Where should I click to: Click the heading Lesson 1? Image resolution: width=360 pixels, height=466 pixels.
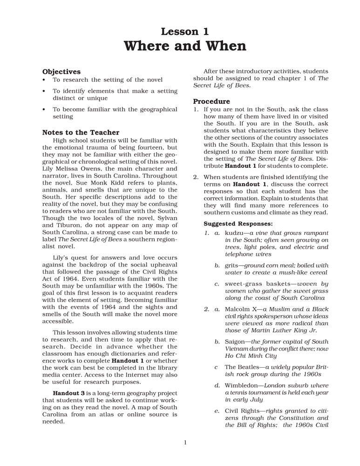coord(185,32)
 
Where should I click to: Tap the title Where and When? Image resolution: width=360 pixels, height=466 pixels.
coord(185,47)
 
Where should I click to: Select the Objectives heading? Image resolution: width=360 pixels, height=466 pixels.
coord(61,72)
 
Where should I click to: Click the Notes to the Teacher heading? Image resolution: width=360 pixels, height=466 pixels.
coord(81,132)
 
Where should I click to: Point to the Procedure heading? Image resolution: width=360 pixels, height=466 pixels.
coord(211,101)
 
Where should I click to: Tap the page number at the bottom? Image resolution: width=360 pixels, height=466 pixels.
coord(185,442)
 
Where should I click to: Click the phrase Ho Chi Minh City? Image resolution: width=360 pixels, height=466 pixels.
coord(251,356)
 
